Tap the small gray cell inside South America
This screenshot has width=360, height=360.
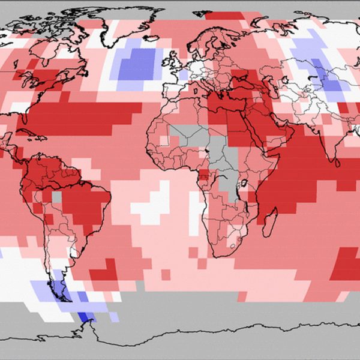coord(56,196)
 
